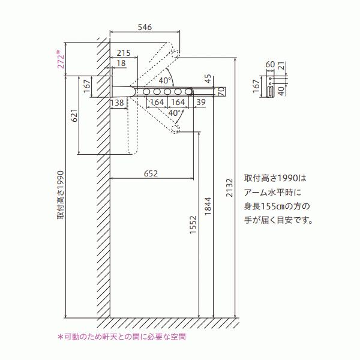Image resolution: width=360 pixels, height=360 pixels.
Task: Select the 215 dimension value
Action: [x=124, y=53]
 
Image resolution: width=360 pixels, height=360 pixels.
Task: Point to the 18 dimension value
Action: [x=121, y=63]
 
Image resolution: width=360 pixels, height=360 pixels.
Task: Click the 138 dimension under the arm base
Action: [x=118, y=103]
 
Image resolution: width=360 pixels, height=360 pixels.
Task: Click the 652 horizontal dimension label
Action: [x=151, y=173]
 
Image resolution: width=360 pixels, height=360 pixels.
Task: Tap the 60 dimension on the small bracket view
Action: [x=269, y=63]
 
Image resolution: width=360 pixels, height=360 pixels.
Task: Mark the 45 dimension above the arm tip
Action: [x=208, y=78]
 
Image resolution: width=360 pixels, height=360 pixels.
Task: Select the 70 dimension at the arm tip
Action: [x=222, y=91]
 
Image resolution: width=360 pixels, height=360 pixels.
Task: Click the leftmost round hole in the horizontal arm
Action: [x=146, y=91]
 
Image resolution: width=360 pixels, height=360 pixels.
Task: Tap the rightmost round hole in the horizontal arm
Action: [x=189, y=91]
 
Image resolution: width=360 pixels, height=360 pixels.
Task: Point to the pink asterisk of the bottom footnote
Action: [x=59, y=337]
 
